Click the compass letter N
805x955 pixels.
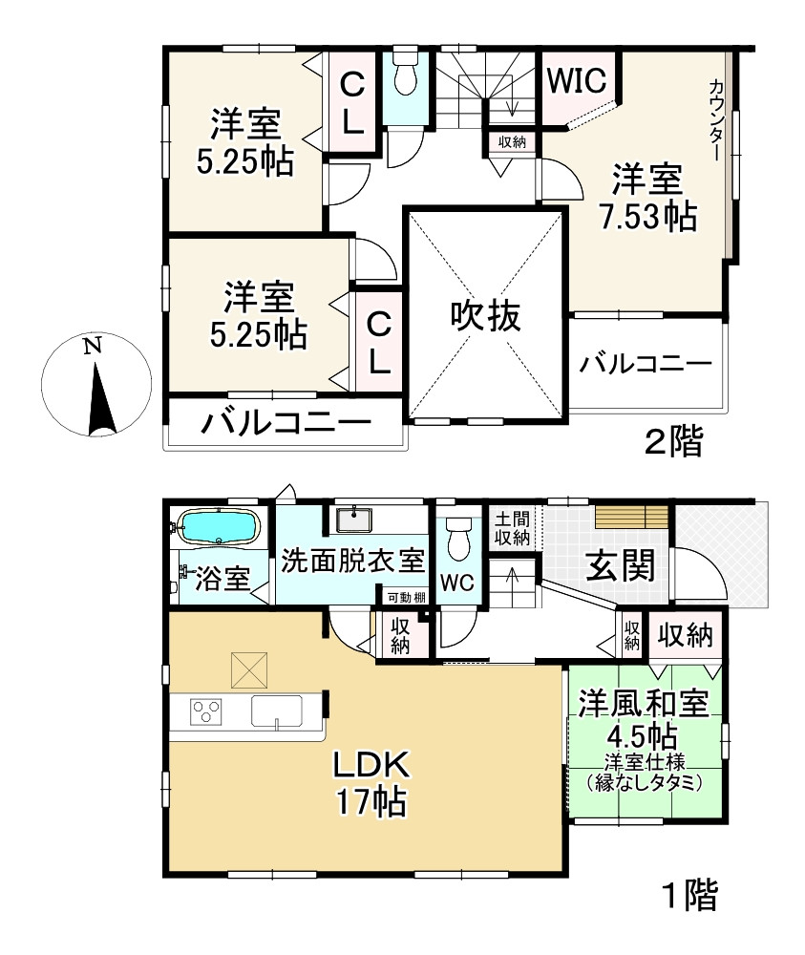(92, 347)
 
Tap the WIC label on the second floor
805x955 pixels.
(576, 80)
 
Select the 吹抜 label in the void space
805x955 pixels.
(486, 316)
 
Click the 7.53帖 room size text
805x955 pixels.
(646, 218)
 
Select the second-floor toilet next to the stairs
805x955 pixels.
(405, 74)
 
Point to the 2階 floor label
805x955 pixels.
(672, 442)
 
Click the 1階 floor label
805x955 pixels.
(688, 897)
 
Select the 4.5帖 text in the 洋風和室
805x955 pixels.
(642, 736)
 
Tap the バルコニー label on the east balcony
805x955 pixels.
(646, 365)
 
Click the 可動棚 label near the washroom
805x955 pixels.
(407, 597)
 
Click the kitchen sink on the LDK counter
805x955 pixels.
(276, 711)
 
